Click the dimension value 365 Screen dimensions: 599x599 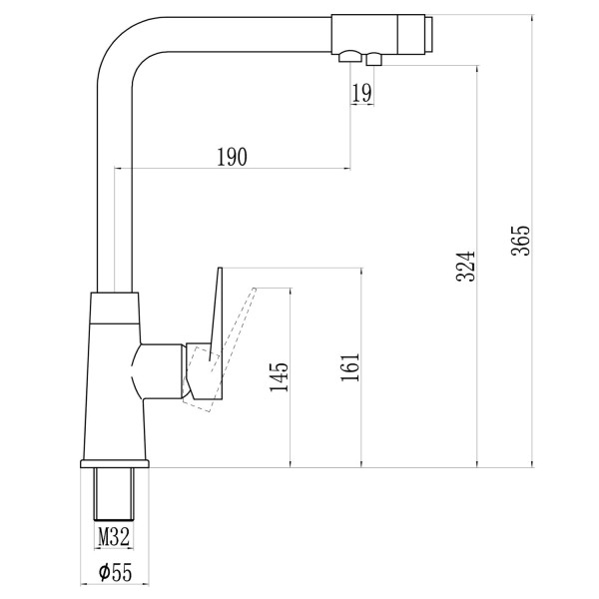click(521, 241)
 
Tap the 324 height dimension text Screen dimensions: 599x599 click(466, 267)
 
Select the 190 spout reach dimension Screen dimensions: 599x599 click(232, 157)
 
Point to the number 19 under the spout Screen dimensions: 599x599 click(361, 93)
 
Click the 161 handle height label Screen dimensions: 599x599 click(350, 367)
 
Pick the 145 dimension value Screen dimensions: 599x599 click(279, 376)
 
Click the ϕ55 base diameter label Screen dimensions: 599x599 click(115, 572)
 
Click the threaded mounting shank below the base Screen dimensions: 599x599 click(114, 494)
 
